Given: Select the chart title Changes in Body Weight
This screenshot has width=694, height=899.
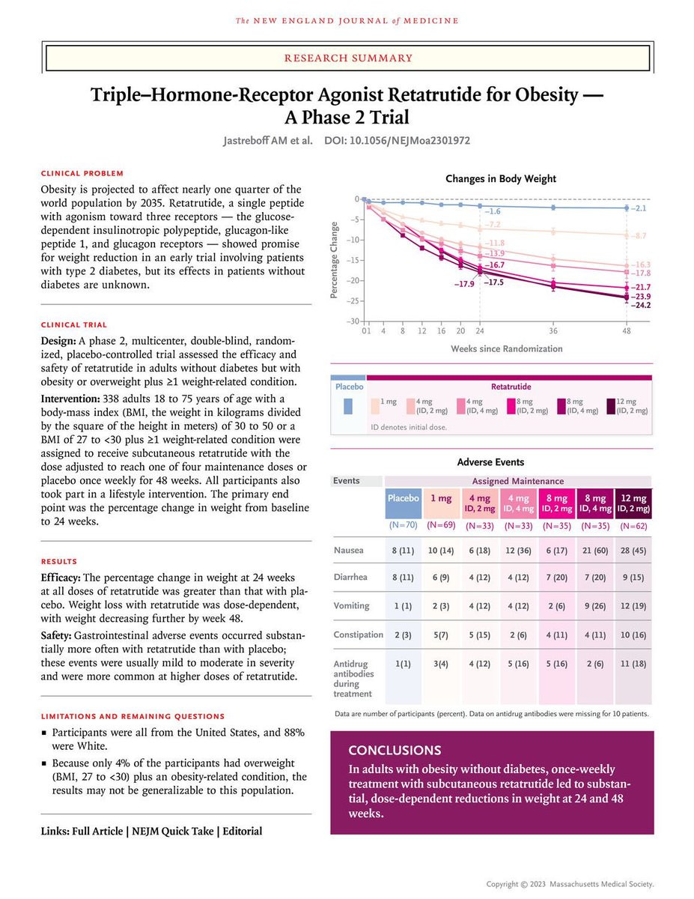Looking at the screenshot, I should coord(501,178).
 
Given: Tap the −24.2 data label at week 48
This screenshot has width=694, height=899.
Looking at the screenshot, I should coord(642,306).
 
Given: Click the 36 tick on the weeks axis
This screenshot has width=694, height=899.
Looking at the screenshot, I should coord(553,330).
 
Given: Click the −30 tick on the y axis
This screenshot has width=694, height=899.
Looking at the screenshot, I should coord(350,321).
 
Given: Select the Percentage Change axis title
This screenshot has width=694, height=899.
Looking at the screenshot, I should coord(334,259).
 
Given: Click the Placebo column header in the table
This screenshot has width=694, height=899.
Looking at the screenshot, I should coord(403,498).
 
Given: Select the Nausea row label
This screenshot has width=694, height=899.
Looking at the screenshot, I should coord(348,550).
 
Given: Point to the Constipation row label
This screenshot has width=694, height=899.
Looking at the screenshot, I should coord(359,635).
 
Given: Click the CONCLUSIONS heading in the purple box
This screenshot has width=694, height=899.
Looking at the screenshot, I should coord(395,750).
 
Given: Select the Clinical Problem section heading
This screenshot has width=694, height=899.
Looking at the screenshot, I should coord(83,173).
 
